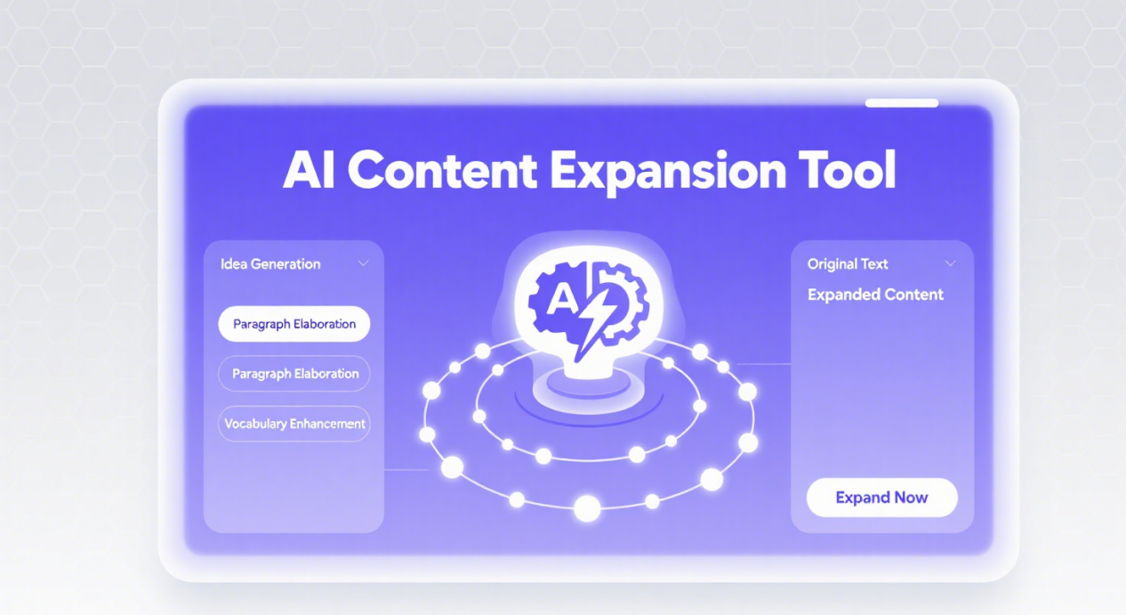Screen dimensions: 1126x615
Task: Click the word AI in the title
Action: pyautogui.click(x=309, y=170)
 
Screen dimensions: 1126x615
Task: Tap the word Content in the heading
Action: pyautogui.click(x=442, y=171)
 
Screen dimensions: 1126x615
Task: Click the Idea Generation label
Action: pyautogui.click(x=270, y=264)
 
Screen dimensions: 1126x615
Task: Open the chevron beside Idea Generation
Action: pyautogui.click(x=363, y=263)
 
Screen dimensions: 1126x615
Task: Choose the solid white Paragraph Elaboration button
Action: pyautogui.click(x=294, y=324)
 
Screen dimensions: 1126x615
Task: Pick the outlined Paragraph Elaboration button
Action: pyautogui.click(x=294, y=374)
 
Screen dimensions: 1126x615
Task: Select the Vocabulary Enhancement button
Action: pyautogui.click(x=294, y=424)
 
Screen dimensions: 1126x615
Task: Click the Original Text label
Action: pyautogui.click(x=848, y=264)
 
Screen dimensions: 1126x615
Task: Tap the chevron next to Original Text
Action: pyautogui.click(x=950, y=263)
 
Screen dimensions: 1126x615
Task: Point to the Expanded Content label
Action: pyautogui.click(x=875, y=295)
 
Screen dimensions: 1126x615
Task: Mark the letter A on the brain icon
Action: pyautogui.click(x=562, y=299)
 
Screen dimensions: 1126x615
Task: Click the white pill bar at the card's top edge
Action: pyautogui.click(x=902, y=103)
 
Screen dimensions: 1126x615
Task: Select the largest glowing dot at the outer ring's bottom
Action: pyautogui.click(x=587, y=508)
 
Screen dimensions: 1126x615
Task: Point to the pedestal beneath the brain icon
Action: pyautogui.click(x=588, y=390)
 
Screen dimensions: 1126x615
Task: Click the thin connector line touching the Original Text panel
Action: pyautogui.click(x=763, y=363)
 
